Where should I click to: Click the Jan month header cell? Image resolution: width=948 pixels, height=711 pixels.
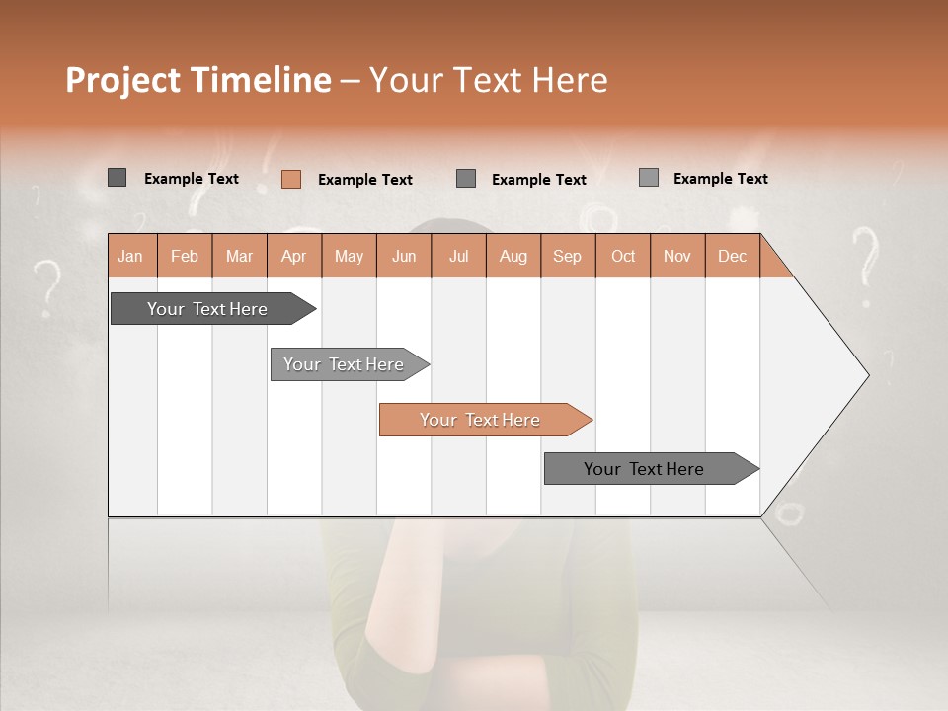[x=131, y=256]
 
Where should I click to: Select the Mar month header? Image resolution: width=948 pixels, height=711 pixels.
[x=239, y=256]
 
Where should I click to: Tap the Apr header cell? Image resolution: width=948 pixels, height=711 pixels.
[x=293, y=256]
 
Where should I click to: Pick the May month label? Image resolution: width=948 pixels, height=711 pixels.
[x=349, y=256]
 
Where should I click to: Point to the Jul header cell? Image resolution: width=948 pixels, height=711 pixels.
[x=458, y=256]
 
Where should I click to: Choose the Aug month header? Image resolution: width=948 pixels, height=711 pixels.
[x=513, y=256]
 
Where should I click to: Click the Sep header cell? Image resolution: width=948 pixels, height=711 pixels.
[x=567, y=256]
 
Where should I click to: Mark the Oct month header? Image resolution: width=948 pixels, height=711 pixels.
[x=622, y=256]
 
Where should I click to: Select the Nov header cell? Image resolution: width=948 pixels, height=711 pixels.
[x=676, y=256]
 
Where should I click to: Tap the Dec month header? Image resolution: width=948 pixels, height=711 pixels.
[x=732, y=256]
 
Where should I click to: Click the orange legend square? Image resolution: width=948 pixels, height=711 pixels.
[x=291, y=179]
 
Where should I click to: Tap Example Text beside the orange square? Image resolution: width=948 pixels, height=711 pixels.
[x=364, y=180]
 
